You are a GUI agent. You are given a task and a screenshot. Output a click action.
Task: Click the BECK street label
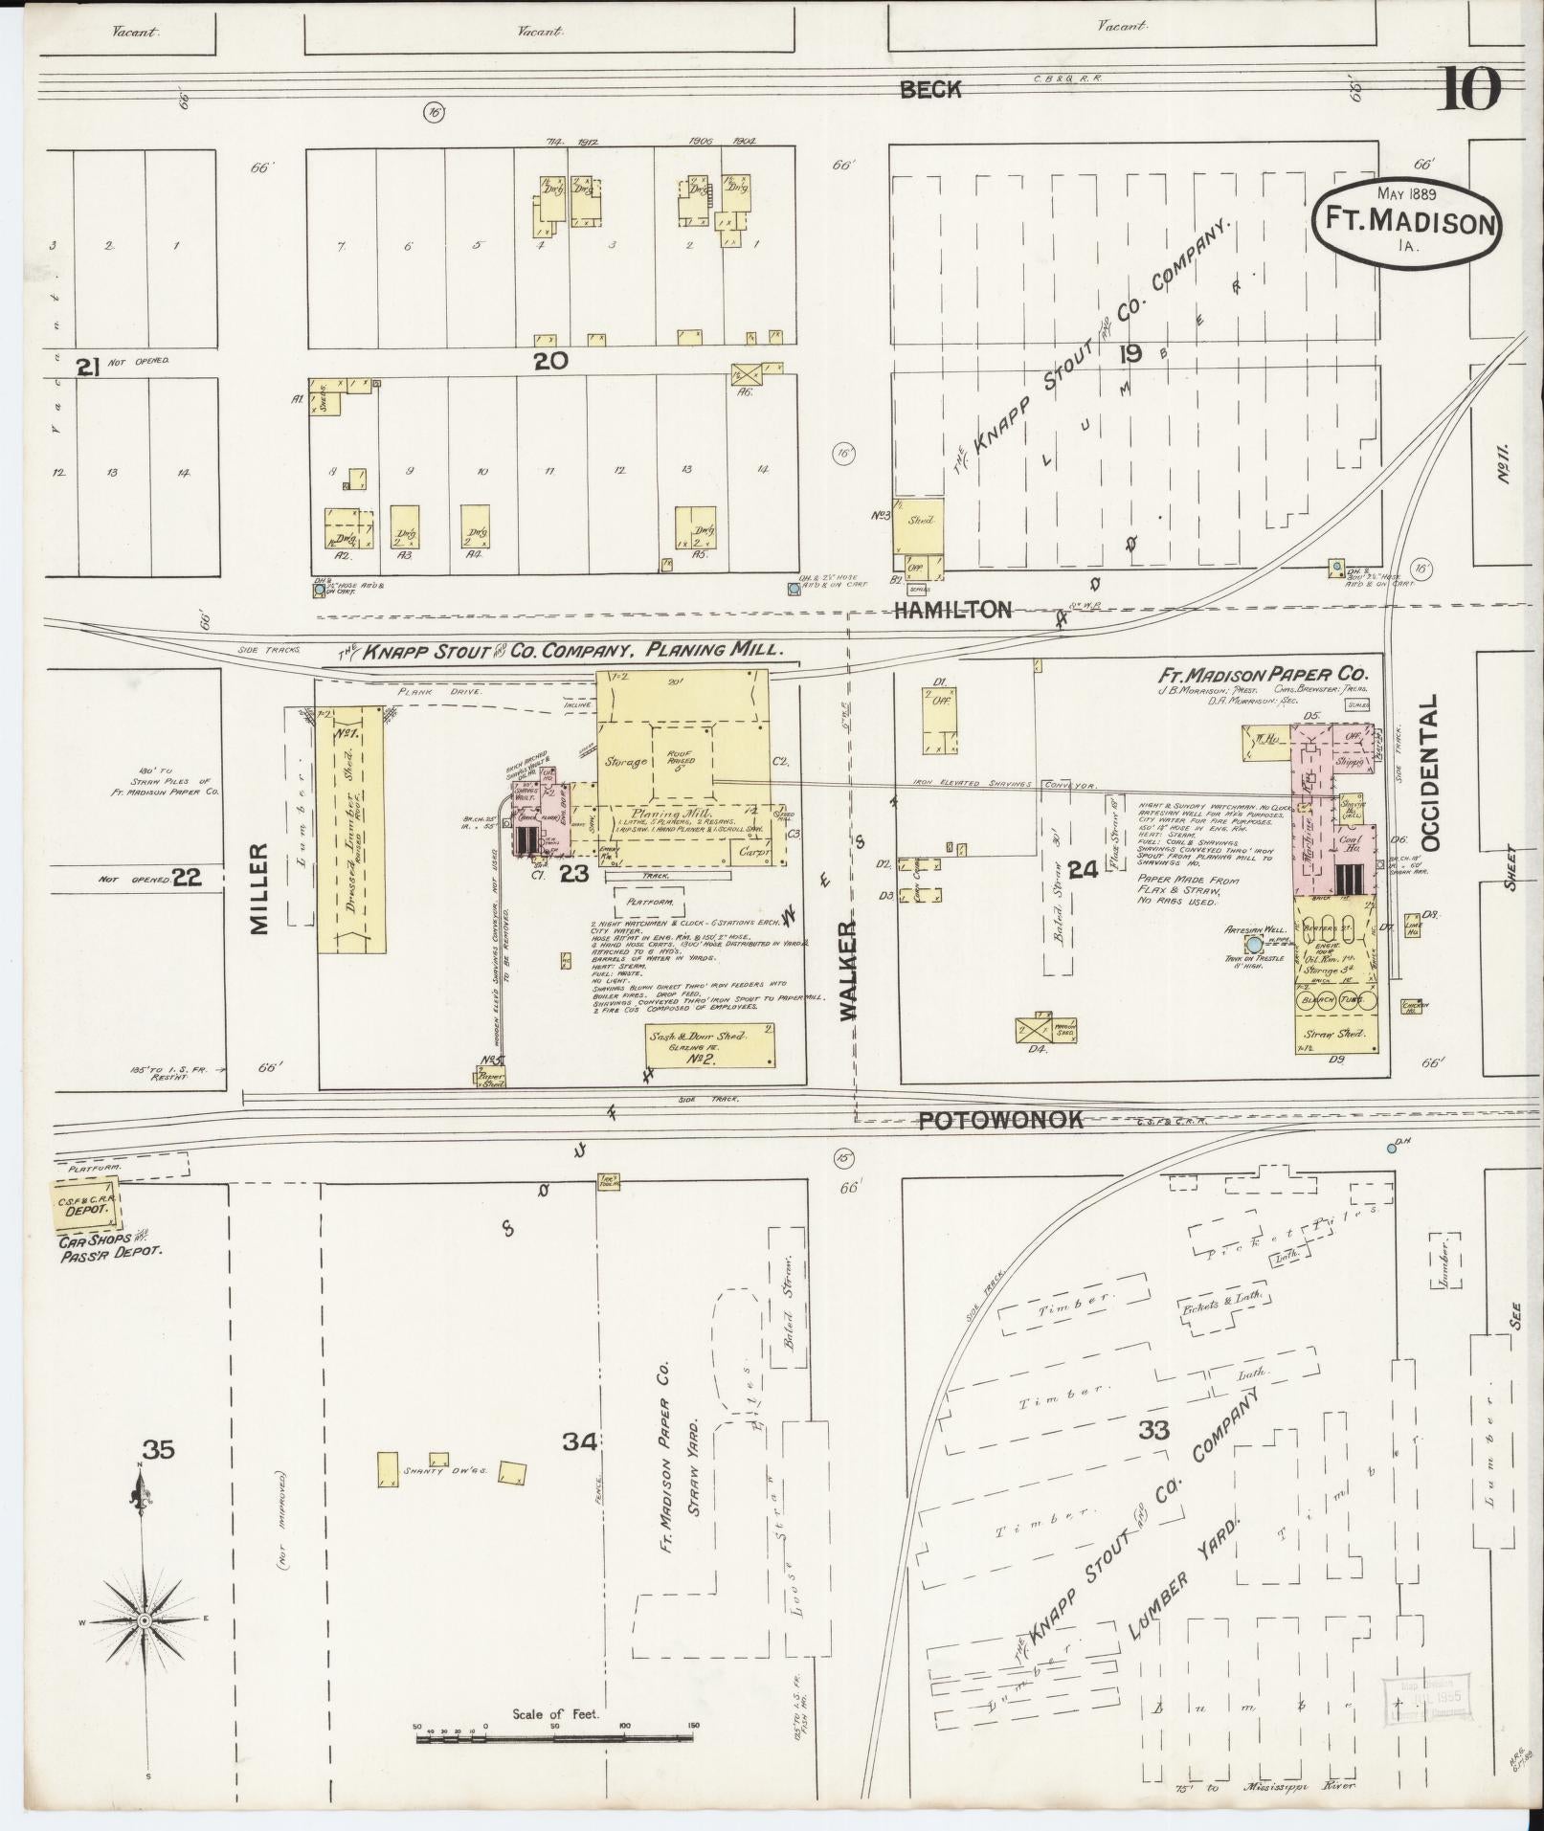929,90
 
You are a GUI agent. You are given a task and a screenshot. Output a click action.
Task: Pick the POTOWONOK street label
1000,1120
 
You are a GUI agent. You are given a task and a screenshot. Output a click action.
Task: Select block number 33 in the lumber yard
1153,1430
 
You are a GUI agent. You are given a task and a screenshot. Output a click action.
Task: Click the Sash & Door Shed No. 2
709,1045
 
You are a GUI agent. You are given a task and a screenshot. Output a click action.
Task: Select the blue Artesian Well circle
1254,943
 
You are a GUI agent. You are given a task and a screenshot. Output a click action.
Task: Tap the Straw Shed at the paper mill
1336,1036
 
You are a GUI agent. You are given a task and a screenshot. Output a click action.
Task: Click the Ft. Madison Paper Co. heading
1270,673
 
